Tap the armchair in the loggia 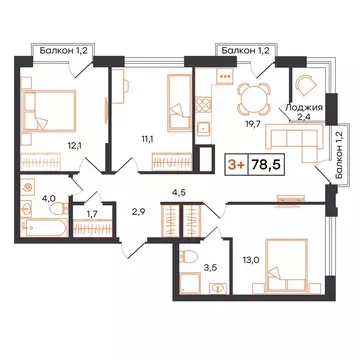(302, 88)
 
